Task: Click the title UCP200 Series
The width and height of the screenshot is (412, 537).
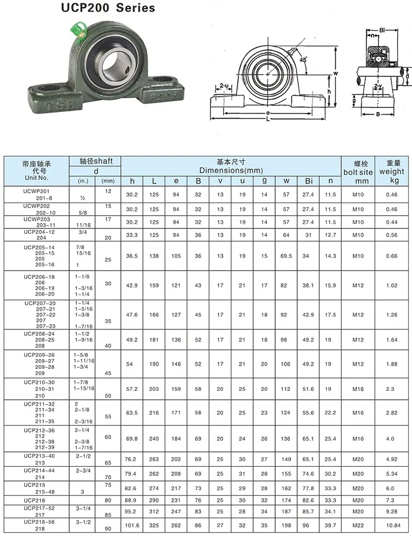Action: (108, 8)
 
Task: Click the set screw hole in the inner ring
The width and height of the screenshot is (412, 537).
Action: (128, 70)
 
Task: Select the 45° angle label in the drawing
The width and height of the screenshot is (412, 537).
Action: (303, 60)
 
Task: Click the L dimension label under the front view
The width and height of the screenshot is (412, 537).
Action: (268, 119)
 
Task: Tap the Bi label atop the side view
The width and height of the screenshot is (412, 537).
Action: (382, 30)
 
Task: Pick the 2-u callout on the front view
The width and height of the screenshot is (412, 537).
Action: (224, 85)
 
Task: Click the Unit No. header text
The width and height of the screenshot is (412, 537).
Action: (37, 178)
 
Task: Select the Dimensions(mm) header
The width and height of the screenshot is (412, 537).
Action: (231, 170)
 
